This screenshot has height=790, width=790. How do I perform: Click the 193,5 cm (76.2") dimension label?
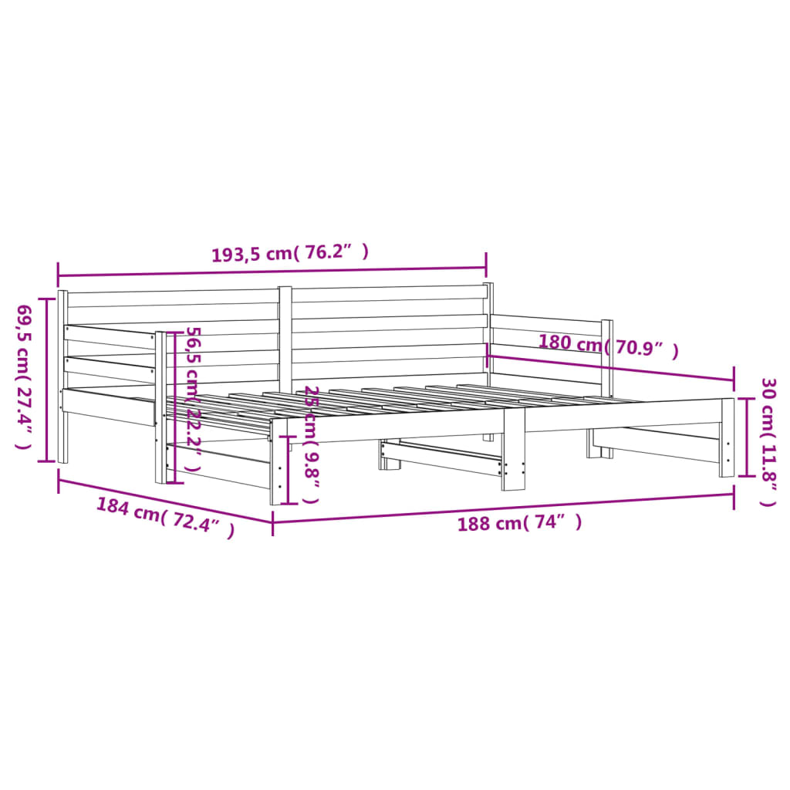tap(290, 252)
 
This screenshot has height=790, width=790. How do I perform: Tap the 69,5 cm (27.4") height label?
tap(23, 376)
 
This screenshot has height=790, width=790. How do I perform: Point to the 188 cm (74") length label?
tap(519, 523)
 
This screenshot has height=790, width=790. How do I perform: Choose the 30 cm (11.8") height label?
tap(769, 442)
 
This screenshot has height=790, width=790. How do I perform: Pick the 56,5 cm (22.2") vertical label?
tap(194, 399)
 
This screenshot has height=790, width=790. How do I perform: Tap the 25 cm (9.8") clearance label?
tap(312, 444)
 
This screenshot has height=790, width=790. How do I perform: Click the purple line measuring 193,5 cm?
tap(272, 272)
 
